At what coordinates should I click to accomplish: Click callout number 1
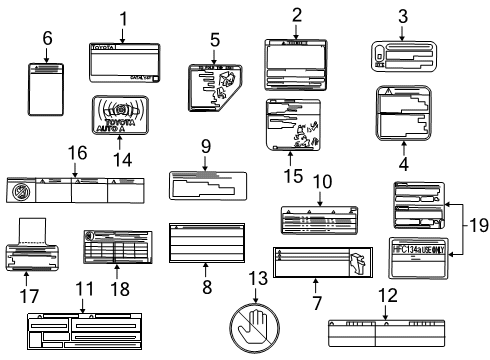124,18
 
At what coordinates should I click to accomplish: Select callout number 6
46,38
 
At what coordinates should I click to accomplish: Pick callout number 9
205,146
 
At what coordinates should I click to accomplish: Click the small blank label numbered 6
46,93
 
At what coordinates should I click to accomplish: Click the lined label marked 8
204,240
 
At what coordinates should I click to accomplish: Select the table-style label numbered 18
116,248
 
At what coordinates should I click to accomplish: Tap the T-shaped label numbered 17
39,250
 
